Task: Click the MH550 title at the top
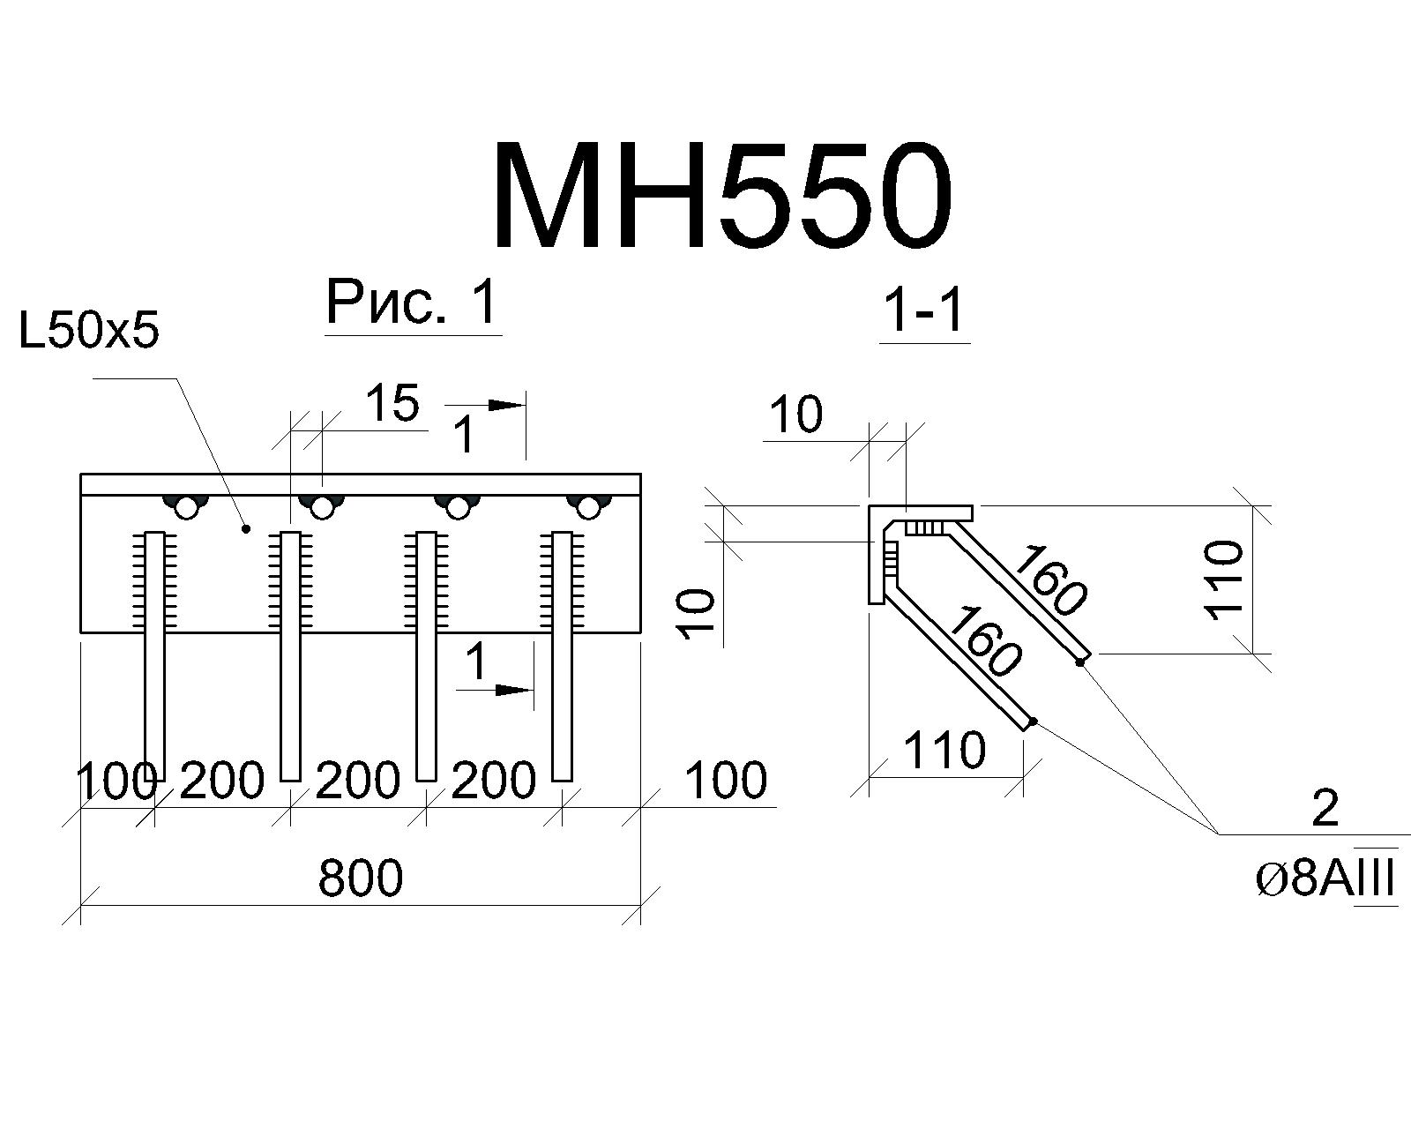(x=722, y=195)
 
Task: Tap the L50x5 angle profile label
(x=89, y=332)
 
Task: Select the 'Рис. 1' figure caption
(x=412, y=303)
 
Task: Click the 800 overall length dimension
(x=361, y=878)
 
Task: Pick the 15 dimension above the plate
(x=392, y=403)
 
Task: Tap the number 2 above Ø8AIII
(x=1325, y=808)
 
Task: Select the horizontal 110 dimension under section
(x=944, y=751)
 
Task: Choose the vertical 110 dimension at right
(x=1223, y=579)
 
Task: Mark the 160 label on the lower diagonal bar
(x=983, y=641)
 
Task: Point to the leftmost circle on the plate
(x=188, y=508)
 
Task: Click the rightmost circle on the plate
(x=589, y=507)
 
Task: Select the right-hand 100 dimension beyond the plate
(x=725, y=780)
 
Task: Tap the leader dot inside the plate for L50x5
(x=247, y=528)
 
